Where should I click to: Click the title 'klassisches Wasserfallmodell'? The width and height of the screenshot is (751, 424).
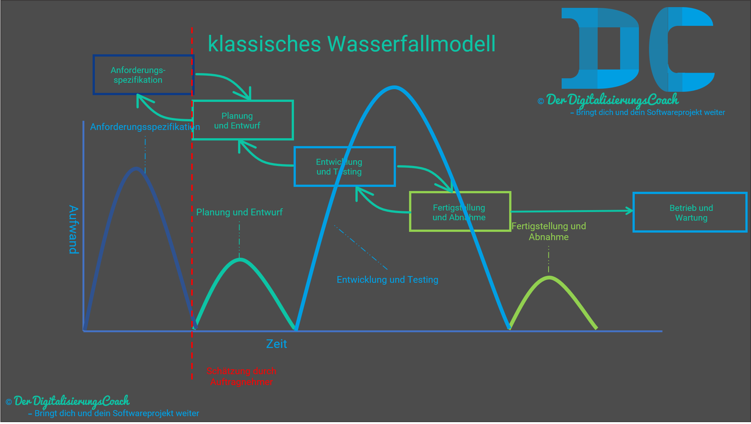(x=352, y=44)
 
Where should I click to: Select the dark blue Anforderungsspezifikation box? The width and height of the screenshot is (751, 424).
(x=143, y=75)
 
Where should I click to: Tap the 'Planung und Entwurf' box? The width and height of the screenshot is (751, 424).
(x=242, y=120)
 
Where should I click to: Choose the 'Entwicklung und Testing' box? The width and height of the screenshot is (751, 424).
(x=345, y=167)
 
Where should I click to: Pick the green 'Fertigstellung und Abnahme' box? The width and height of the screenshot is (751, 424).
(x=460, y=212)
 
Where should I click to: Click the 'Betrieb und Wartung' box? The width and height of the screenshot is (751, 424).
(x=690, y=212)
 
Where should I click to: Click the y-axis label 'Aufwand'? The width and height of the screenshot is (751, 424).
(x=74, y=229)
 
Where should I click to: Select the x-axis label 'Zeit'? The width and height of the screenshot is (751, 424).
(x=276, y=344)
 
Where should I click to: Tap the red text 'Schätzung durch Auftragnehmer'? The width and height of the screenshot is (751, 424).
(x=241, y=376)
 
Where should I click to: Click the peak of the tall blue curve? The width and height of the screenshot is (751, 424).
(x=394, y=87)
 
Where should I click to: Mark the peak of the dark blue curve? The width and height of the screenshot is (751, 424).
(x=136, y=168)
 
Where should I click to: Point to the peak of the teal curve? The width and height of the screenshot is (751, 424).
(x=240, y=259)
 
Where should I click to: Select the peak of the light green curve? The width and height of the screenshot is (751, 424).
(x=549, y=278)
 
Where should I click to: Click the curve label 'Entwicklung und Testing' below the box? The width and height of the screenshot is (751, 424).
(x=387, y=280)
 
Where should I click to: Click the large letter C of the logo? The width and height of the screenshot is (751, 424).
(x=681, y=49)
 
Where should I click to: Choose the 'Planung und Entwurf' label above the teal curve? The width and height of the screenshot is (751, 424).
(x=239, y=212)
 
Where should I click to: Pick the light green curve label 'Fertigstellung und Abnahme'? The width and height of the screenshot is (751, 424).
(x=549, y=231)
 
